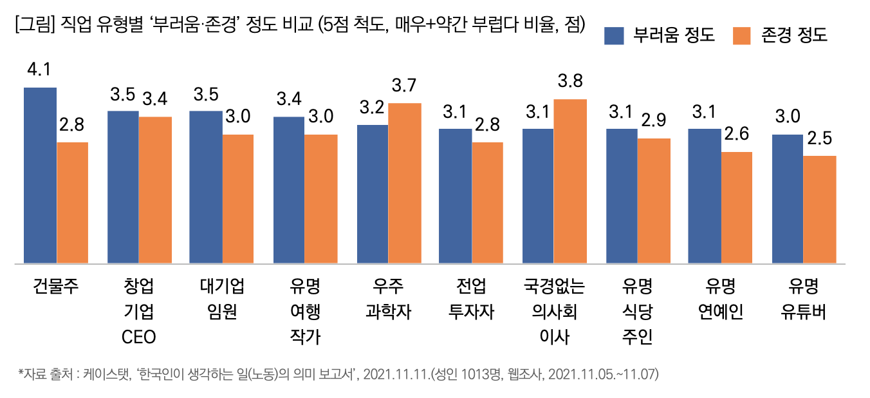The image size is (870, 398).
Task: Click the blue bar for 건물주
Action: [x=40, y=175]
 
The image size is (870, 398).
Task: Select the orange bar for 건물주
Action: [x=73, y=203]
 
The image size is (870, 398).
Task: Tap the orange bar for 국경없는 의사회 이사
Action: [x=571, y=182]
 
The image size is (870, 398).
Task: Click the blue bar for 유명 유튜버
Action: [x=788, y=199]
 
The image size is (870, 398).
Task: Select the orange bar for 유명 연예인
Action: [x=737, y=207]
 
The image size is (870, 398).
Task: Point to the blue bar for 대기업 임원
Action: [x=205, y=187]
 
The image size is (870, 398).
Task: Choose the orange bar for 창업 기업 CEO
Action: [x=156, y=190]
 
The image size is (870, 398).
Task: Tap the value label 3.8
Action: [x=571, y=82]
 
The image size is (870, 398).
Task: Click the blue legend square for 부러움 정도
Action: [x=615, y=35]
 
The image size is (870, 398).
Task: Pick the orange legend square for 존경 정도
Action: [x=742, y=35]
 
